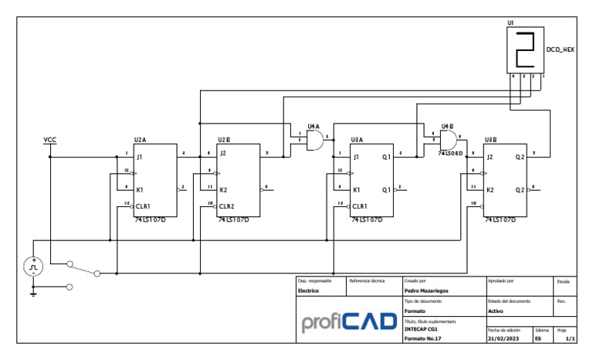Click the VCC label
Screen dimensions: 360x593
tap(50, 140)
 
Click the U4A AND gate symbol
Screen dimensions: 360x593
tap(314, 140)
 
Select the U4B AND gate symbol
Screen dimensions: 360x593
tap(448, 140)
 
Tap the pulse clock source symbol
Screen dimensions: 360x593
tap(33, 267)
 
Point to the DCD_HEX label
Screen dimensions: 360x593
tap(560, 49)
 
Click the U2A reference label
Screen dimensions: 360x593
tap(140, 140)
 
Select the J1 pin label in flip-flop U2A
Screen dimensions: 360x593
tap(140, 158)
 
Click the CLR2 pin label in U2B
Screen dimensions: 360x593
tap(227, 206)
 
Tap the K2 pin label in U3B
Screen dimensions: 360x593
tap(491, 190)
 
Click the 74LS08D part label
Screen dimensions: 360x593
tap(451, 154)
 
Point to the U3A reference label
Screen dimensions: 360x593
tap(357, 140)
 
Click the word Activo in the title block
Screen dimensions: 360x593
tap(496, 311)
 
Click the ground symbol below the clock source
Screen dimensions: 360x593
tap(33, 291)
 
